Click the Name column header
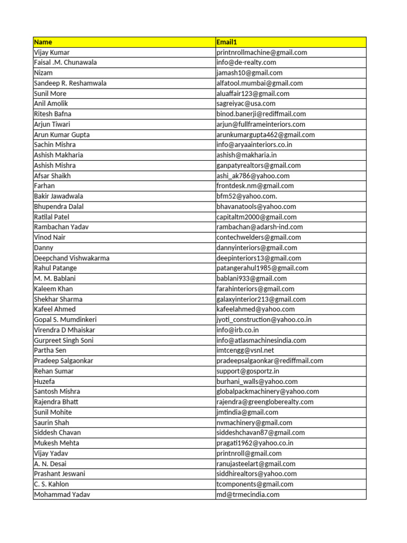click(43, 42)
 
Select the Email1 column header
click(226, 42)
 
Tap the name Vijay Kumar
click(51, 52)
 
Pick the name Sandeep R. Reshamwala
click(70, 83)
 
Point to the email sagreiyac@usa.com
click(246, 103)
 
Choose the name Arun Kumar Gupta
click(61, 135)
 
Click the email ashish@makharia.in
click(246, 155)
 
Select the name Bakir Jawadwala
click(58, 196)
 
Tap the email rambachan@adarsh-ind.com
click(260, 227)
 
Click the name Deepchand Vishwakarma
click(72, 258)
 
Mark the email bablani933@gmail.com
click(252, 278)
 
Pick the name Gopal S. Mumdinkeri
click(65, 320)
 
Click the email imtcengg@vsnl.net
click(245, 351)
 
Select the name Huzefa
click(45, 381)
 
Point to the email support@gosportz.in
click(247, 371)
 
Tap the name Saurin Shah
click(52, 423)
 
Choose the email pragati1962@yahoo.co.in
click(255, 443)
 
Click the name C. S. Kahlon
click(51, 484)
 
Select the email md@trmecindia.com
click(247, 495)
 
